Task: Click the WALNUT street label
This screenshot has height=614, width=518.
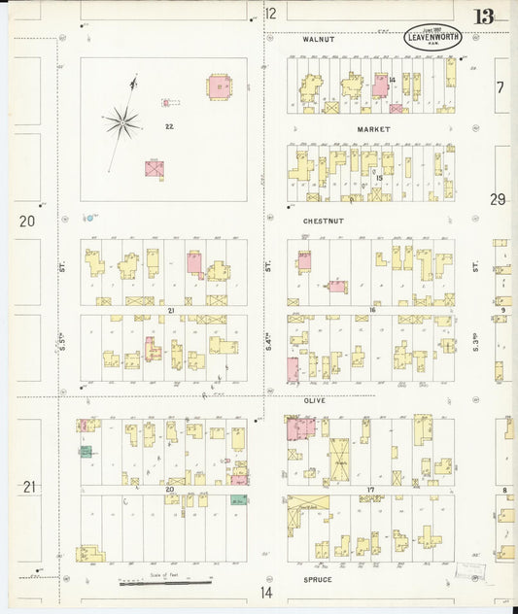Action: (x=319, y=40)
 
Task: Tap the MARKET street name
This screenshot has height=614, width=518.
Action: (x=373, y=129)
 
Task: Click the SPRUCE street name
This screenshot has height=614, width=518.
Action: (x=317, y=580)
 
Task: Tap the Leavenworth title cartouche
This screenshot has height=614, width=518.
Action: (x=432, y=38)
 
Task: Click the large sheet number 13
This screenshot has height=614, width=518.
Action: (x=483, y=16)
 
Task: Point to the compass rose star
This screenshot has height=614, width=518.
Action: (x=123, y=121)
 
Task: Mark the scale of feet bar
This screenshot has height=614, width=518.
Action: (x=165, y=583)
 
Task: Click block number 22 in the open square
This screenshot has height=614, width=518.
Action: (x=169, y=126)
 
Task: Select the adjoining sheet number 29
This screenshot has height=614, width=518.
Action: (x=498, y=199)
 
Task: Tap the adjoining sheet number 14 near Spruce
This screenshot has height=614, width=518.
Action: (x=266, y=592)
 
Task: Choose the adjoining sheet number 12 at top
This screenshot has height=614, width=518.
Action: (x=270, y=14)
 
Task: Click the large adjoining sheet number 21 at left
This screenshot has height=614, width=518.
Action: (x=29, y=487)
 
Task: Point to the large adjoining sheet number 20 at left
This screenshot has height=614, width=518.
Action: (x=27, y=222)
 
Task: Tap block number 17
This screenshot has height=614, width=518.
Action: (x=370, y=490)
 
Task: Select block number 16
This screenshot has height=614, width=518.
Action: (x=370, y=310)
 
